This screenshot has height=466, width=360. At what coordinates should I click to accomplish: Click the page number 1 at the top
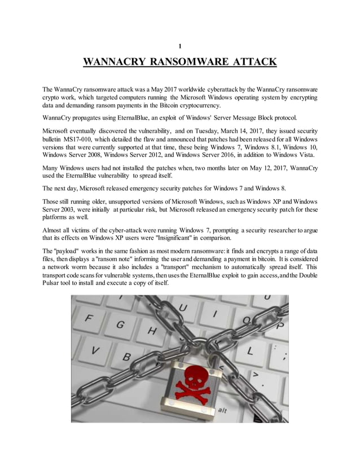(x=179, y=46)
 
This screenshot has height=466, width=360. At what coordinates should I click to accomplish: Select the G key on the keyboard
(x=121, y=326)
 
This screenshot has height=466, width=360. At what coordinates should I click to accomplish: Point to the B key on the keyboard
(x=128, y=357)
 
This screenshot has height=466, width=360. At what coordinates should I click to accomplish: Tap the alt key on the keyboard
(x=223, y=411)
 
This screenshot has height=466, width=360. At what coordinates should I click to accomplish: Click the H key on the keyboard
(x=151, y=331)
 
